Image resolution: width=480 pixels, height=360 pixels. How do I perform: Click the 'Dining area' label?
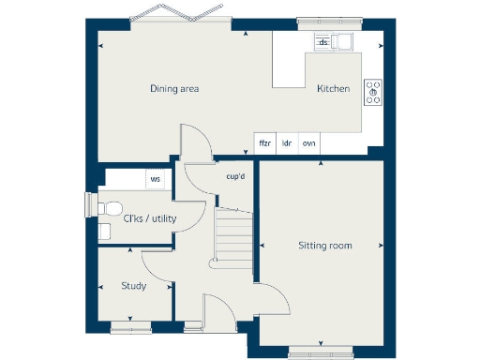[x=174, y=89]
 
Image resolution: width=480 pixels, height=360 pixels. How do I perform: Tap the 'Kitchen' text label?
[x=333, y=89]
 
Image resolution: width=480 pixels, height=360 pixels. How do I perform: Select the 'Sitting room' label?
[x=324, y=246]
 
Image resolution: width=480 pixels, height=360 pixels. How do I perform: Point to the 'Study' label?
[x=133, y=286]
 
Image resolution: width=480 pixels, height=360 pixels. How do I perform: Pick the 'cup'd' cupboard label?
[x=235, y=175]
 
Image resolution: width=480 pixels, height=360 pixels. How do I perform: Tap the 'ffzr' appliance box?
[x=265, y=143]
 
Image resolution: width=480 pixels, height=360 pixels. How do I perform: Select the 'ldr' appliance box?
[x=287, y=143]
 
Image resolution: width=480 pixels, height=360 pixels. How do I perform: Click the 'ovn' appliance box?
[x=308, y=143]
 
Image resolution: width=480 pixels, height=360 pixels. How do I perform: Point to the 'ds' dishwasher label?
[x=323, y=42]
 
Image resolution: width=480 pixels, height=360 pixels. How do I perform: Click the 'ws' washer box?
[x=155, y=178]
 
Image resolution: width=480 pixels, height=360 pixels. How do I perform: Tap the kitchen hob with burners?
[x=373, y=91]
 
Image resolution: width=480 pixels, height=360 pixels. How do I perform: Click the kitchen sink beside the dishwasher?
[x=344, y=41]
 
